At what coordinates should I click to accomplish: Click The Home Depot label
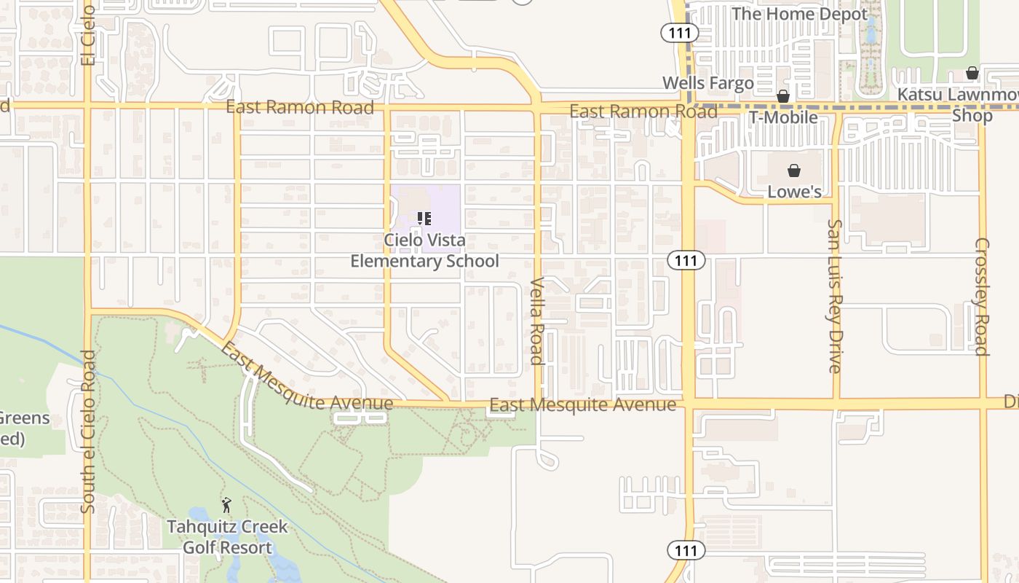[x=800, y=14]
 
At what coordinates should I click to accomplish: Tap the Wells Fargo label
[x=707, y=83]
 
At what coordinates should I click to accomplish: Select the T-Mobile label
[x=783, y=117]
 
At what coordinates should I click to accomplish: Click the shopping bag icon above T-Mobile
[x=783, y=96]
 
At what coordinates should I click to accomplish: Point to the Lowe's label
[x=794, y=192]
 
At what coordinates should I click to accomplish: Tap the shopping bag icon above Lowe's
[x=794, y=171]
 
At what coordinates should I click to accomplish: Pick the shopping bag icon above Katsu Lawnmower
[x=972, y=73]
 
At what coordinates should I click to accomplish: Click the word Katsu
[x=918, y=95]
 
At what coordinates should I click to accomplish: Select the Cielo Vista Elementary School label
[x=424, y=250]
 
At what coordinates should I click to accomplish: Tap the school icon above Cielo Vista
[x=424, y=218]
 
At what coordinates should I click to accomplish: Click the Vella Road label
[x=537, y=320]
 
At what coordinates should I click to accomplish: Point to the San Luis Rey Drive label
[x=835, y=296]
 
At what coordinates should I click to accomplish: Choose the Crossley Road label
[x=982, y=297]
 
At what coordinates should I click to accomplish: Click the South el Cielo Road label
[x=89, y=431]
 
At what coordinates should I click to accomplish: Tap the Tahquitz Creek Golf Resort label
[x=227, y=537]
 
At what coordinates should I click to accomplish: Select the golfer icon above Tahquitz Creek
[x=226, y=504]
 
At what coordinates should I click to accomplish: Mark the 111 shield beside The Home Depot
[x=680, y=32]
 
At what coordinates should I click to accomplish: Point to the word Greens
[x=25, y=418]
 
